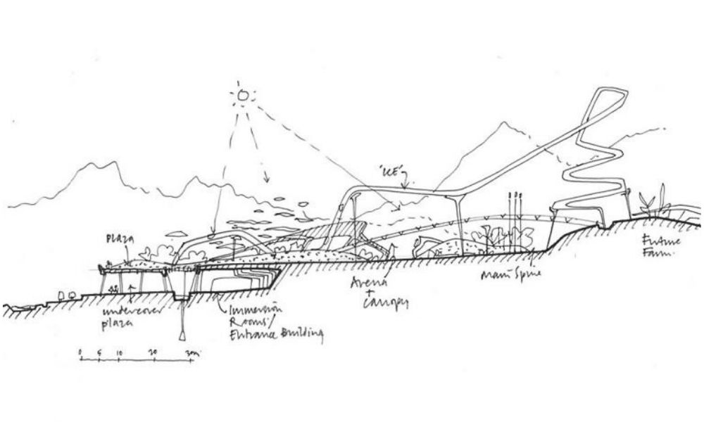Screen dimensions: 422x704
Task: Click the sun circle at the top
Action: point(243,94)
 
